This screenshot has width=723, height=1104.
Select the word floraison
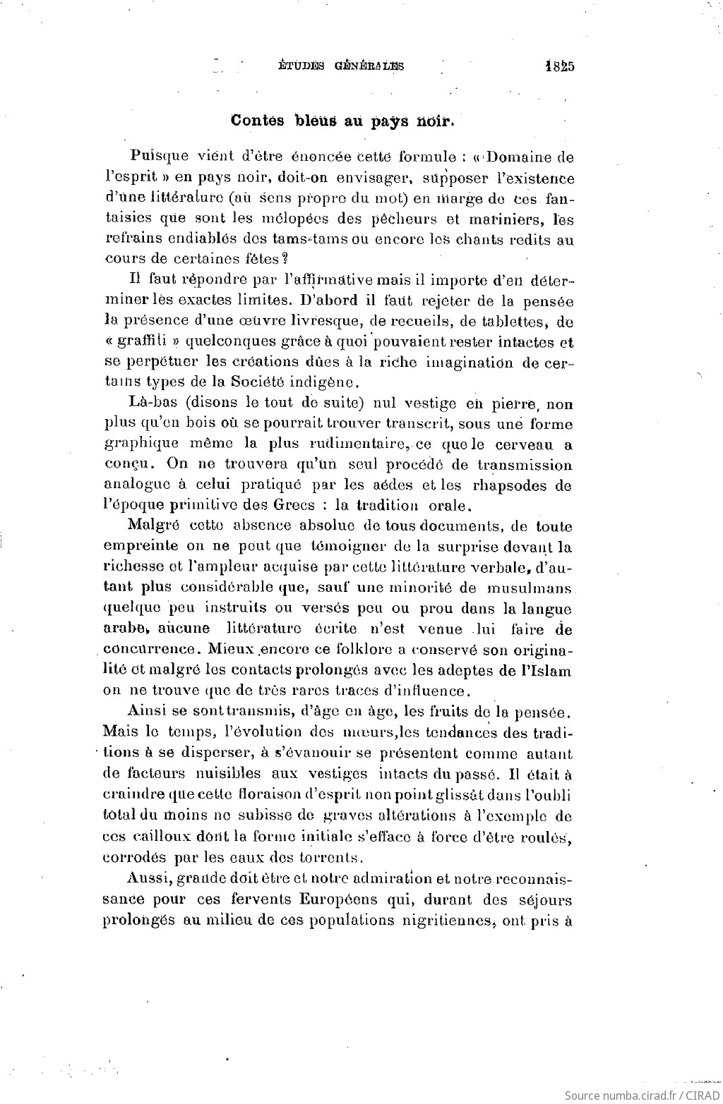pos(261,795)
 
